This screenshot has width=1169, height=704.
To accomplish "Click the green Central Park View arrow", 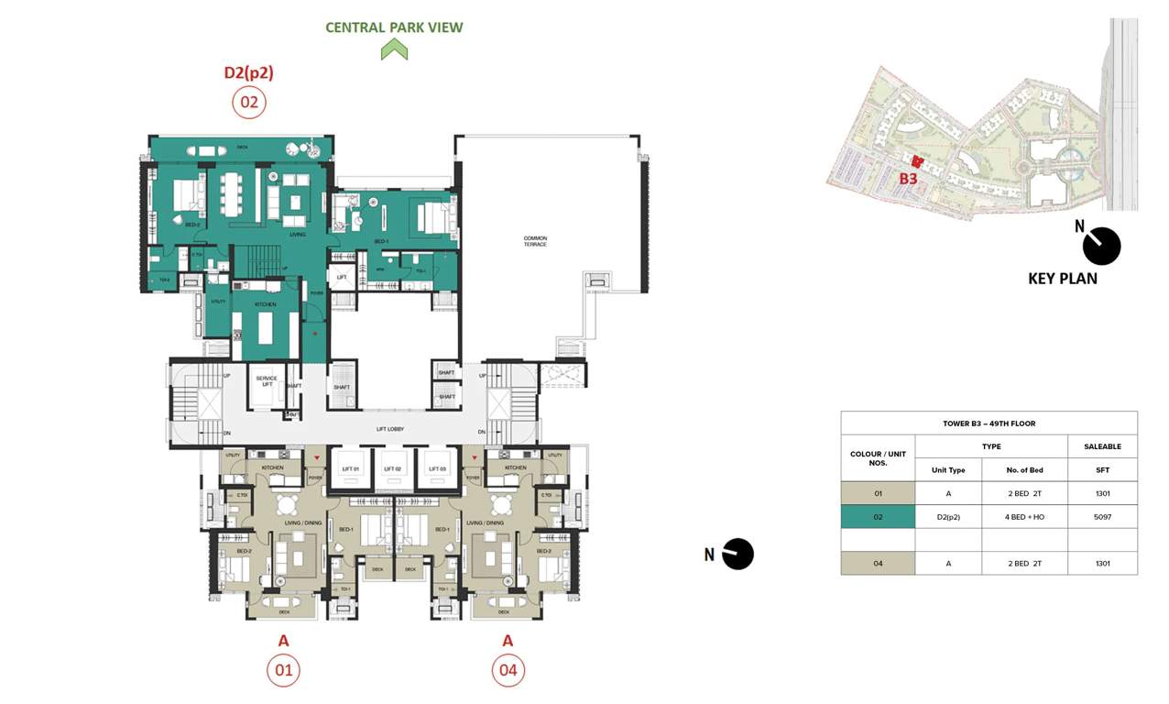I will [394, 49].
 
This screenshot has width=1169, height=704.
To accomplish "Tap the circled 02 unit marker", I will [249, 102].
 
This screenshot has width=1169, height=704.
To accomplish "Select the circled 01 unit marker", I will [283, 670].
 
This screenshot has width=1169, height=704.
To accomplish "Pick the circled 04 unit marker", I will [508, 670].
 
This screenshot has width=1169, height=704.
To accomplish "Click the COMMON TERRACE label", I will [535, 241].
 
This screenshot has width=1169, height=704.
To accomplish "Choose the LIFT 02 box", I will [393, 468].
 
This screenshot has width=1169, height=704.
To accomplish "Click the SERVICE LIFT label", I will [267, 381].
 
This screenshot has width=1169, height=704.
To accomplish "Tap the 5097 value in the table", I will [1102, 517].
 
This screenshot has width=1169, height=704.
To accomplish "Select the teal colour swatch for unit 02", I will [878, 517].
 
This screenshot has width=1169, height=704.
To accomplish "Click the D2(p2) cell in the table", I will [948, 517].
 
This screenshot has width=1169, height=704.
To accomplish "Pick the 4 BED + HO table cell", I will [1024, 517].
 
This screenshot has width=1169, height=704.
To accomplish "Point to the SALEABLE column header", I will [1102, 446].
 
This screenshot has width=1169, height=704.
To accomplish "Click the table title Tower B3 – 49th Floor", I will [989, 423].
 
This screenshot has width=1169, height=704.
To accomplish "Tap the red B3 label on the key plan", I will [908, 179].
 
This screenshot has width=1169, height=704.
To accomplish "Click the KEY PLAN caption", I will [1062, 279].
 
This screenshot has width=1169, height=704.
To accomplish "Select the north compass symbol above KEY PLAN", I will [1100, 246].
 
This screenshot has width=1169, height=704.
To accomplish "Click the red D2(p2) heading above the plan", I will [249, 72].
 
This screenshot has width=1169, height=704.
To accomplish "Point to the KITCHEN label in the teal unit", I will [266, 303].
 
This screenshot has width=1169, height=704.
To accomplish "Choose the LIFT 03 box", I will [437, 468].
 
